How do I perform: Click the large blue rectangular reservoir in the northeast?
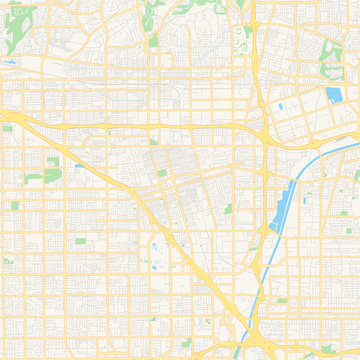point(333,95)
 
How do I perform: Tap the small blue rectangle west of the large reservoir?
point(281,105)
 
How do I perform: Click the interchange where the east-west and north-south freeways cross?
point(262,126)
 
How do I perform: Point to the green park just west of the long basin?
point(228,209)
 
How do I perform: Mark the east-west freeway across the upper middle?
point(150,127)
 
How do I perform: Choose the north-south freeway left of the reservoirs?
point(258,70)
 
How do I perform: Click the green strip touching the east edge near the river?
point(355,176)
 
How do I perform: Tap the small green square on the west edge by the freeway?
point(8,128)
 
